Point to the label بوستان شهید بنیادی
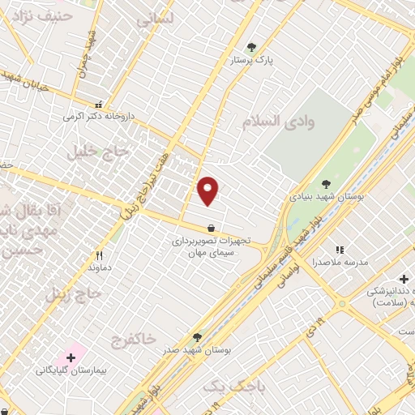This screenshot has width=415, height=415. pos(327,197)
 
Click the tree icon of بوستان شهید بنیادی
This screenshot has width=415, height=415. pos(326,184)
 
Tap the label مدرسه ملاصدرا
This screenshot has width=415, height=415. pos(340,263)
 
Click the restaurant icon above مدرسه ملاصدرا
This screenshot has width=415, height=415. pos(340,250)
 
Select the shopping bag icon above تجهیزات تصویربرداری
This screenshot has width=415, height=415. pos(211,228)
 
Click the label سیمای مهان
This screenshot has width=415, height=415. pos(211,254)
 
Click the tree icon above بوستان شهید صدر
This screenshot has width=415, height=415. pos(197,336)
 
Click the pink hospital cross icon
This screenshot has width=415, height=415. pos(71,357)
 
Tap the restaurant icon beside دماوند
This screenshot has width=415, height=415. pos(99,255)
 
